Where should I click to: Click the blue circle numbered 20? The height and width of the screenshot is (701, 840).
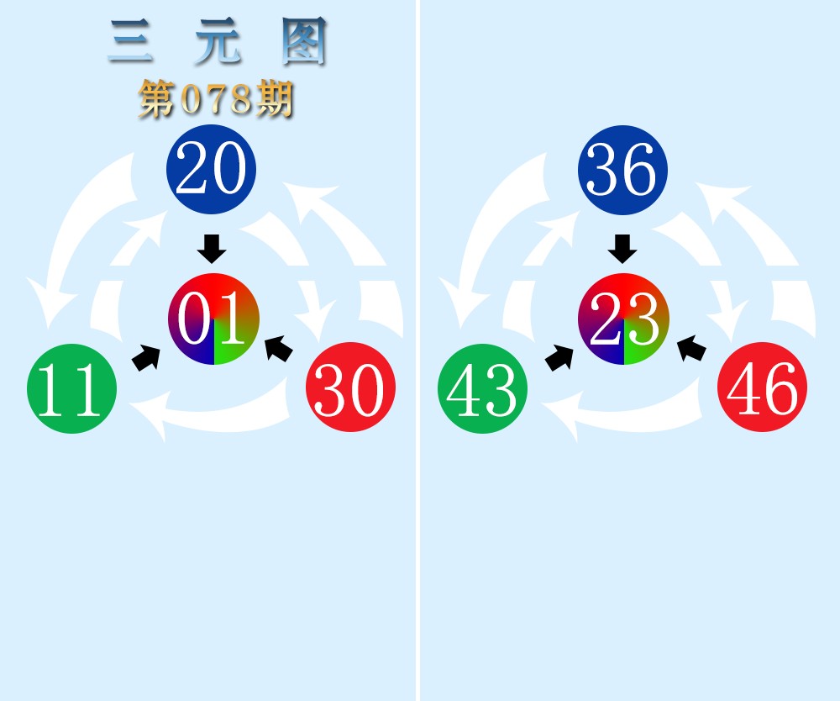tap(211, 169)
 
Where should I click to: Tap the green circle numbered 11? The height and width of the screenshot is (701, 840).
tap(71, 389)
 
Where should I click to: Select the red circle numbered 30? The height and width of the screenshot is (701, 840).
tap(350, 387)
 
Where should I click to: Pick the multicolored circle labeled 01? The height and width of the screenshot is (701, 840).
tap(213, 319)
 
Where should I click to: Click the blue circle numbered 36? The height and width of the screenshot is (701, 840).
tap(622, 169)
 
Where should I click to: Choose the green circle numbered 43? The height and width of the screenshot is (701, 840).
tap(482, 389)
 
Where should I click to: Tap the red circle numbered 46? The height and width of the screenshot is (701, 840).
tap(762, 387)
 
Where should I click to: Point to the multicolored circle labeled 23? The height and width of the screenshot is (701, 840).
tap(623, 319)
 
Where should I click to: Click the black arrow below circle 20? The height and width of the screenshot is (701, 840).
tap(212, 249)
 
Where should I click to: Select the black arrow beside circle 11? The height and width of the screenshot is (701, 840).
tap(146, 357)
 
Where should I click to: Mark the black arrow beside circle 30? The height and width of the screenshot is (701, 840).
tap(279, 348)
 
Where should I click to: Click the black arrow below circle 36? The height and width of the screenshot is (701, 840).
tap(622, 249)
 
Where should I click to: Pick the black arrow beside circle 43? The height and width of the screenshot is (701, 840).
tap(559, 357)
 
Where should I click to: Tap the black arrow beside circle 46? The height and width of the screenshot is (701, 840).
tap(691, 348)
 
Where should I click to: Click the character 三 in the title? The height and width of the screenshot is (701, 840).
tap(131, 42)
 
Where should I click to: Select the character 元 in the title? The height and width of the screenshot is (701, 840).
tap(217, 42)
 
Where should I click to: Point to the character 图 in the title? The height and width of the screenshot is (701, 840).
tap(303, 42)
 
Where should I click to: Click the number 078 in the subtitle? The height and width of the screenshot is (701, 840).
tap(217, 101)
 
